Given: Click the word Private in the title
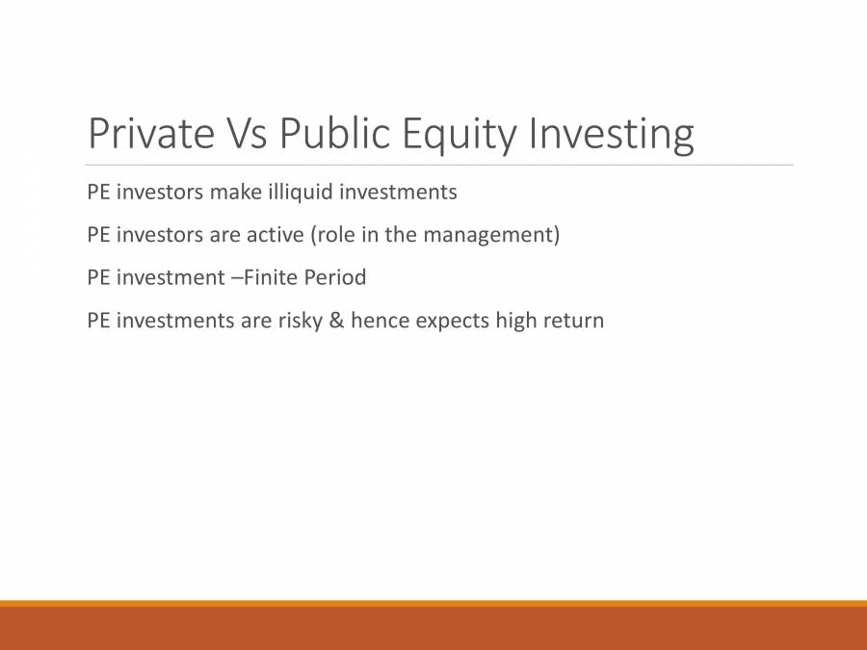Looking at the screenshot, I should [x=150, y=134].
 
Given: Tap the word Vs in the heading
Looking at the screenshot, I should [x=247, y=134].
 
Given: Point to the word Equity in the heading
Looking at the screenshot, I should [x=460, y=134].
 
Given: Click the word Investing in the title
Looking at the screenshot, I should [x=611, y=134].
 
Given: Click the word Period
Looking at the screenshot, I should [x=335, y=277].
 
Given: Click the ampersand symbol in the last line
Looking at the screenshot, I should [x=336, y=320].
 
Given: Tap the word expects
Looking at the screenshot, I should [x=453, y=320].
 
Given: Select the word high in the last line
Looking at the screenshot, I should [x=516, y=320].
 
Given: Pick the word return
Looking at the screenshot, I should [x=574, y=320].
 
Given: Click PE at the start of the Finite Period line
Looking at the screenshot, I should [x=98, y=277].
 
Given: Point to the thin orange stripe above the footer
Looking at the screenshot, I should [x=433, y=604].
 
